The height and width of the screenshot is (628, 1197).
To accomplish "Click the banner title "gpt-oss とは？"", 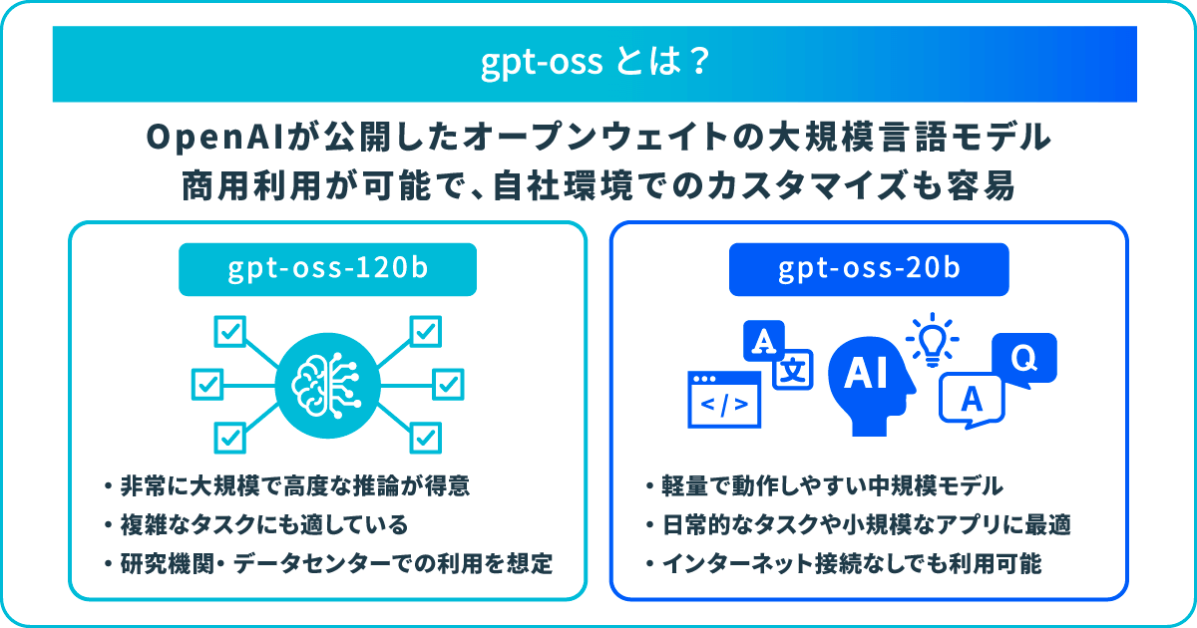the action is tap(595, 63).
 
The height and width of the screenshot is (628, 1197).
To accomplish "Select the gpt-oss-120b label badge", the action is tap(327, 269).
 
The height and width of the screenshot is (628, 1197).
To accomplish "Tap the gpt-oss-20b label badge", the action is tap(869, 269).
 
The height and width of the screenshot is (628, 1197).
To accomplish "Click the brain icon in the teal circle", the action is tap(327, 385).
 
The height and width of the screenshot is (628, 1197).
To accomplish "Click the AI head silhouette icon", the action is tap(870, 386).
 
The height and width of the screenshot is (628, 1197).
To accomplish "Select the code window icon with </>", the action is tap(724, 400).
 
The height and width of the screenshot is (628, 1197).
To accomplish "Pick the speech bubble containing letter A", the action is tap(972, 401).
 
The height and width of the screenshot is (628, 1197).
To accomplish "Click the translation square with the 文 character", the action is tap(793, 370).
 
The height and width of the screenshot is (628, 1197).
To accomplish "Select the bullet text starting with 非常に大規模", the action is tap(295, 486).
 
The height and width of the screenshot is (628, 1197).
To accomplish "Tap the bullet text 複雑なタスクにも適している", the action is tap(264, 525).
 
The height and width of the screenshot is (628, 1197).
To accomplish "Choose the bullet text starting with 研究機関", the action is tap(336, 564).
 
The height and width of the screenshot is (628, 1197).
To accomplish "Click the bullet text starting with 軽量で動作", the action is tap(832, 486).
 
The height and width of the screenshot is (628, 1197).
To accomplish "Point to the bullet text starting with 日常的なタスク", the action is tap(866, 525).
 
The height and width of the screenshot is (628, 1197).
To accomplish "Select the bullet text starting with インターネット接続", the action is tap(852, 564).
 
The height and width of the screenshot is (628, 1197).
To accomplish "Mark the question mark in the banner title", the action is tap(699, 62).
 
